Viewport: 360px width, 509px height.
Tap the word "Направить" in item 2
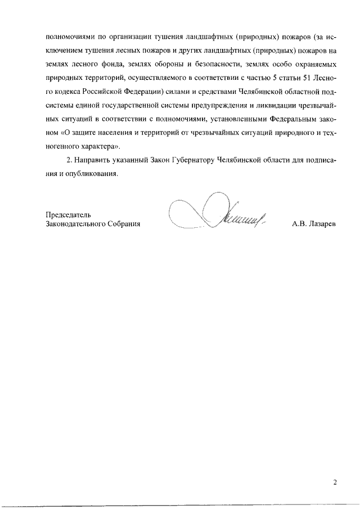click(x=94, y=160)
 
